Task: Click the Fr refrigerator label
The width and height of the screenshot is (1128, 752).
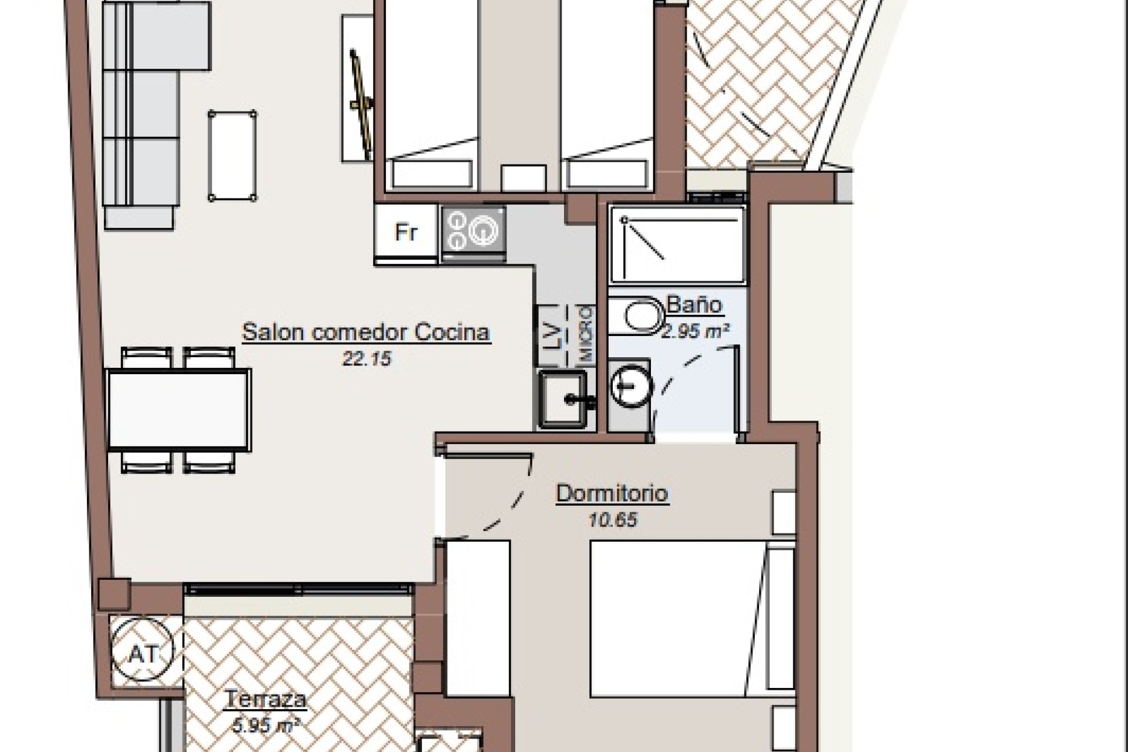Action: point(406,232)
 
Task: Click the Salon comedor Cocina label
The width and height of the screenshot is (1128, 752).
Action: point(366,332)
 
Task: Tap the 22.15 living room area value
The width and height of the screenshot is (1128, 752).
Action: point(367,358)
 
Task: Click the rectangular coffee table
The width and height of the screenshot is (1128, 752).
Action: point(232,156)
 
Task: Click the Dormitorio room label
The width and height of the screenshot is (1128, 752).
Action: point(612,493)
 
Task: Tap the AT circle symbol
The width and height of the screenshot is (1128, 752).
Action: point(144,652)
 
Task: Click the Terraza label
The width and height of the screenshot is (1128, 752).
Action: point(266,699)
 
